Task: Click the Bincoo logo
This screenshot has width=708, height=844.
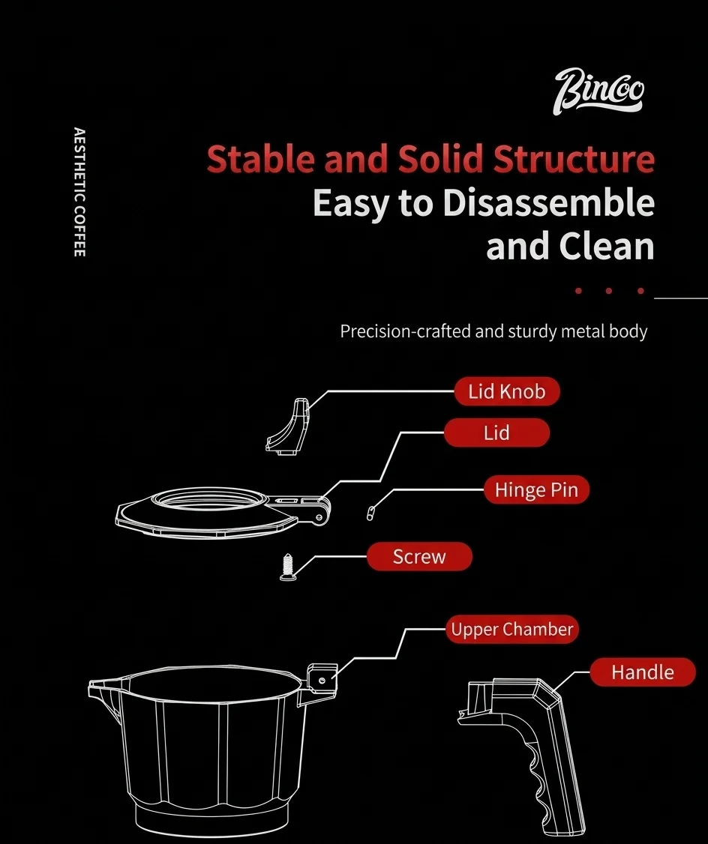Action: point(598,91)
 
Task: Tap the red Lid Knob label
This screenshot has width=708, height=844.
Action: point(507,391)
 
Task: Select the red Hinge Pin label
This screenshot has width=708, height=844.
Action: point(536,489)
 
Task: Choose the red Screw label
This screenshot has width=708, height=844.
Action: point(419,557)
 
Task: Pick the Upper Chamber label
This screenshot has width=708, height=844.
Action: point(512,629)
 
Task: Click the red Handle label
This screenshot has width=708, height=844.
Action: point(642,672)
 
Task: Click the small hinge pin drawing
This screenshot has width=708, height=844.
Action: point(370,513)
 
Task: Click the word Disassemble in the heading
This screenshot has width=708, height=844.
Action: point(549,203)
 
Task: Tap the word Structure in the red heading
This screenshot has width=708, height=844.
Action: point(574,159)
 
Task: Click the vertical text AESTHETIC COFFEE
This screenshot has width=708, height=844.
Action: point(79,192)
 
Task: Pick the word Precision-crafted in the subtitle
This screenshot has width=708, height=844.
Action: point(406,331)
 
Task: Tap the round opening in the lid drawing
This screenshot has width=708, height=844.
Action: point(210,499)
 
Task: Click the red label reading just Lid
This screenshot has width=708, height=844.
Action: point(496,432)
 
